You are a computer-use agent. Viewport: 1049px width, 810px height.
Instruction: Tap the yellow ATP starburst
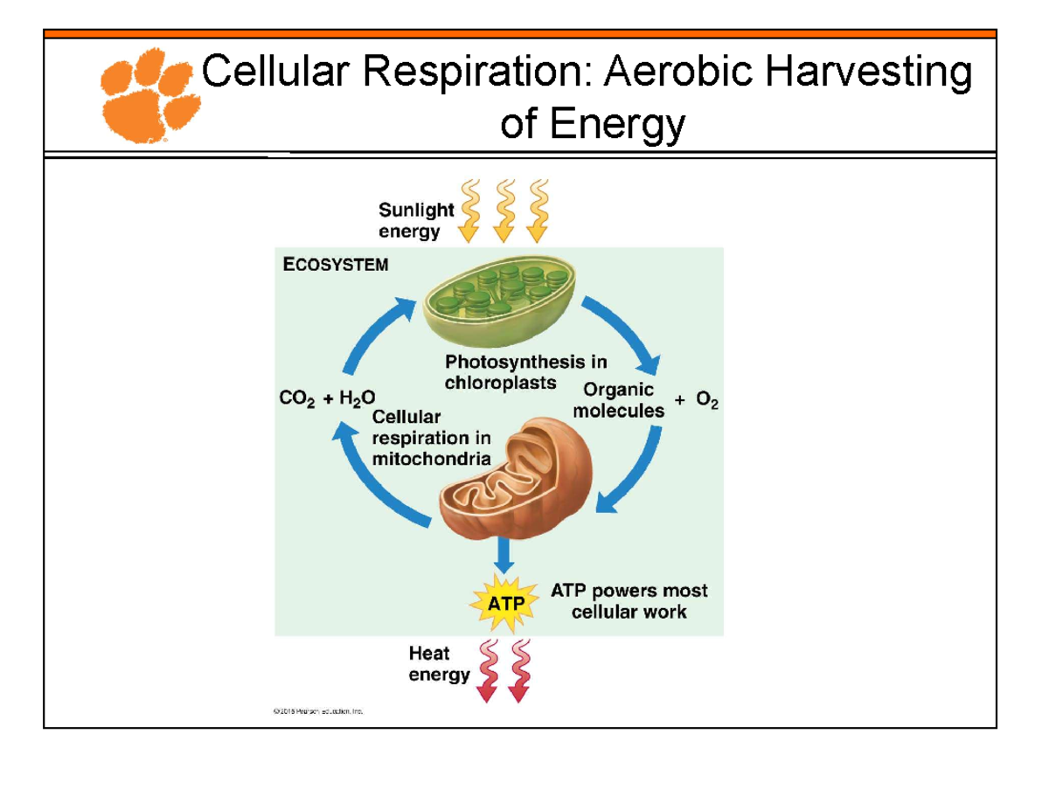(501, 602)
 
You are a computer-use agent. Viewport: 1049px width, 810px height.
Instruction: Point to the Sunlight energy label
(415, 220)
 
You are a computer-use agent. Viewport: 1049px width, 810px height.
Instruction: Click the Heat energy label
(439, 663)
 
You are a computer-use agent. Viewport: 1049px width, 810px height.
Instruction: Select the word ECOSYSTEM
(335, 266)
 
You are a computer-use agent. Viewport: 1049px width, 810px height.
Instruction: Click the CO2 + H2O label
(327, 399)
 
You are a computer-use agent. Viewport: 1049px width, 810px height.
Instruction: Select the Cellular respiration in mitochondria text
(431, 437)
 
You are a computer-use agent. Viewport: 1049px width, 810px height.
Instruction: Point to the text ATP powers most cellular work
(629, 601)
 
